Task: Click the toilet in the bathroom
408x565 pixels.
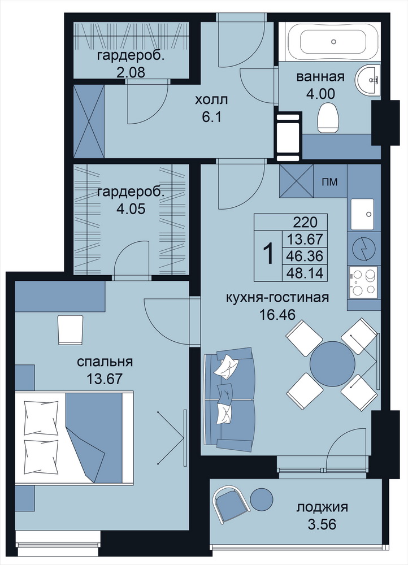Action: pos(328,118)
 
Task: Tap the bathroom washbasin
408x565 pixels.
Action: pos(368,80)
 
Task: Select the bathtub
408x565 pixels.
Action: pos(333,42)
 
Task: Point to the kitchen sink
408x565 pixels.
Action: pos(364,214)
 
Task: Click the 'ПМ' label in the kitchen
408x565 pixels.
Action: pos(330,182)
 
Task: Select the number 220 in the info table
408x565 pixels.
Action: pos(305,222)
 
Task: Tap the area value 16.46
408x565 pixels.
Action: pos(277,315)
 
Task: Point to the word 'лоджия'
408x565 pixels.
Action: pos(322,508)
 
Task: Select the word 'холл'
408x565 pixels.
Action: pos(211,100)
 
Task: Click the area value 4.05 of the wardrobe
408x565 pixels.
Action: pos(131,209)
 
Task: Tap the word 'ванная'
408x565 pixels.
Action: pos(320,77)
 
